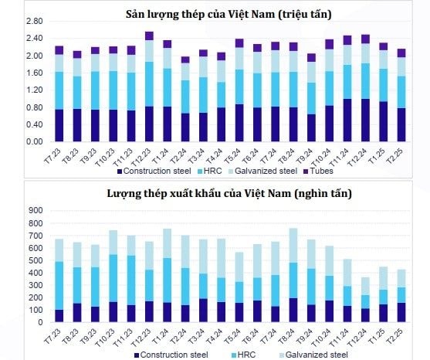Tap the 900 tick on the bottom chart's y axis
coord(35,210)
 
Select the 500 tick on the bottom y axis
coord(35,260)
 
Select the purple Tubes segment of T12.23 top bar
coord(149,36)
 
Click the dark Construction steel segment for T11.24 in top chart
coord(347,121)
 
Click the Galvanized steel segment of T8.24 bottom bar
coord(293,245)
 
